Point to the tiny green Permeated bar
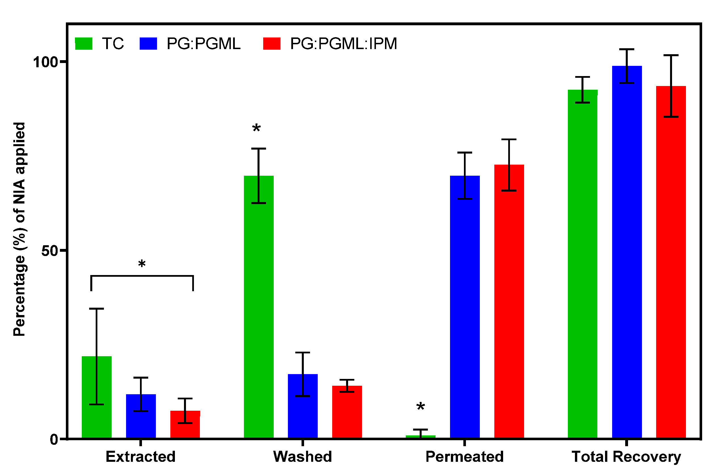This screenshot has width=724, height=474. coord(420,437)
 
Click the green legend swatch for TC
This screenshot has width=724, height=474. coord(84,43)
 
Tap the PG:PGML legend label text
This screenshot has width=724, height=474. coord(204,43)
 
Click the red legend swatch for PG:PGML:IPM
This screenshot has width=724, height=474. coord(272,43)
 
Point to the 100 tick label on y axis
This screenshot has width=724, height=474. coord(46,62)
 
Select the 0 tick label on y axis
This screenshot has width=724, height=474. coord(54,439)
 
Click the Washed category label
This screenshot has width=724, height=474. coord(302,457)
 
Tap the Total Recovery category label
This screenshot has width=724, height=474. coord(626,457)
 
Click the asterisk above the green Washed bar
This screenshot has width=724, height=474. coord(256,128)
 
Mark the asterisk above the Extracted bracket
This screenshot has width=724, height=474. coord(142,264)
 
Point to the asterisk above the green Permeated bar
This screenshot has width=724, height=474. coord(421,406)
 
